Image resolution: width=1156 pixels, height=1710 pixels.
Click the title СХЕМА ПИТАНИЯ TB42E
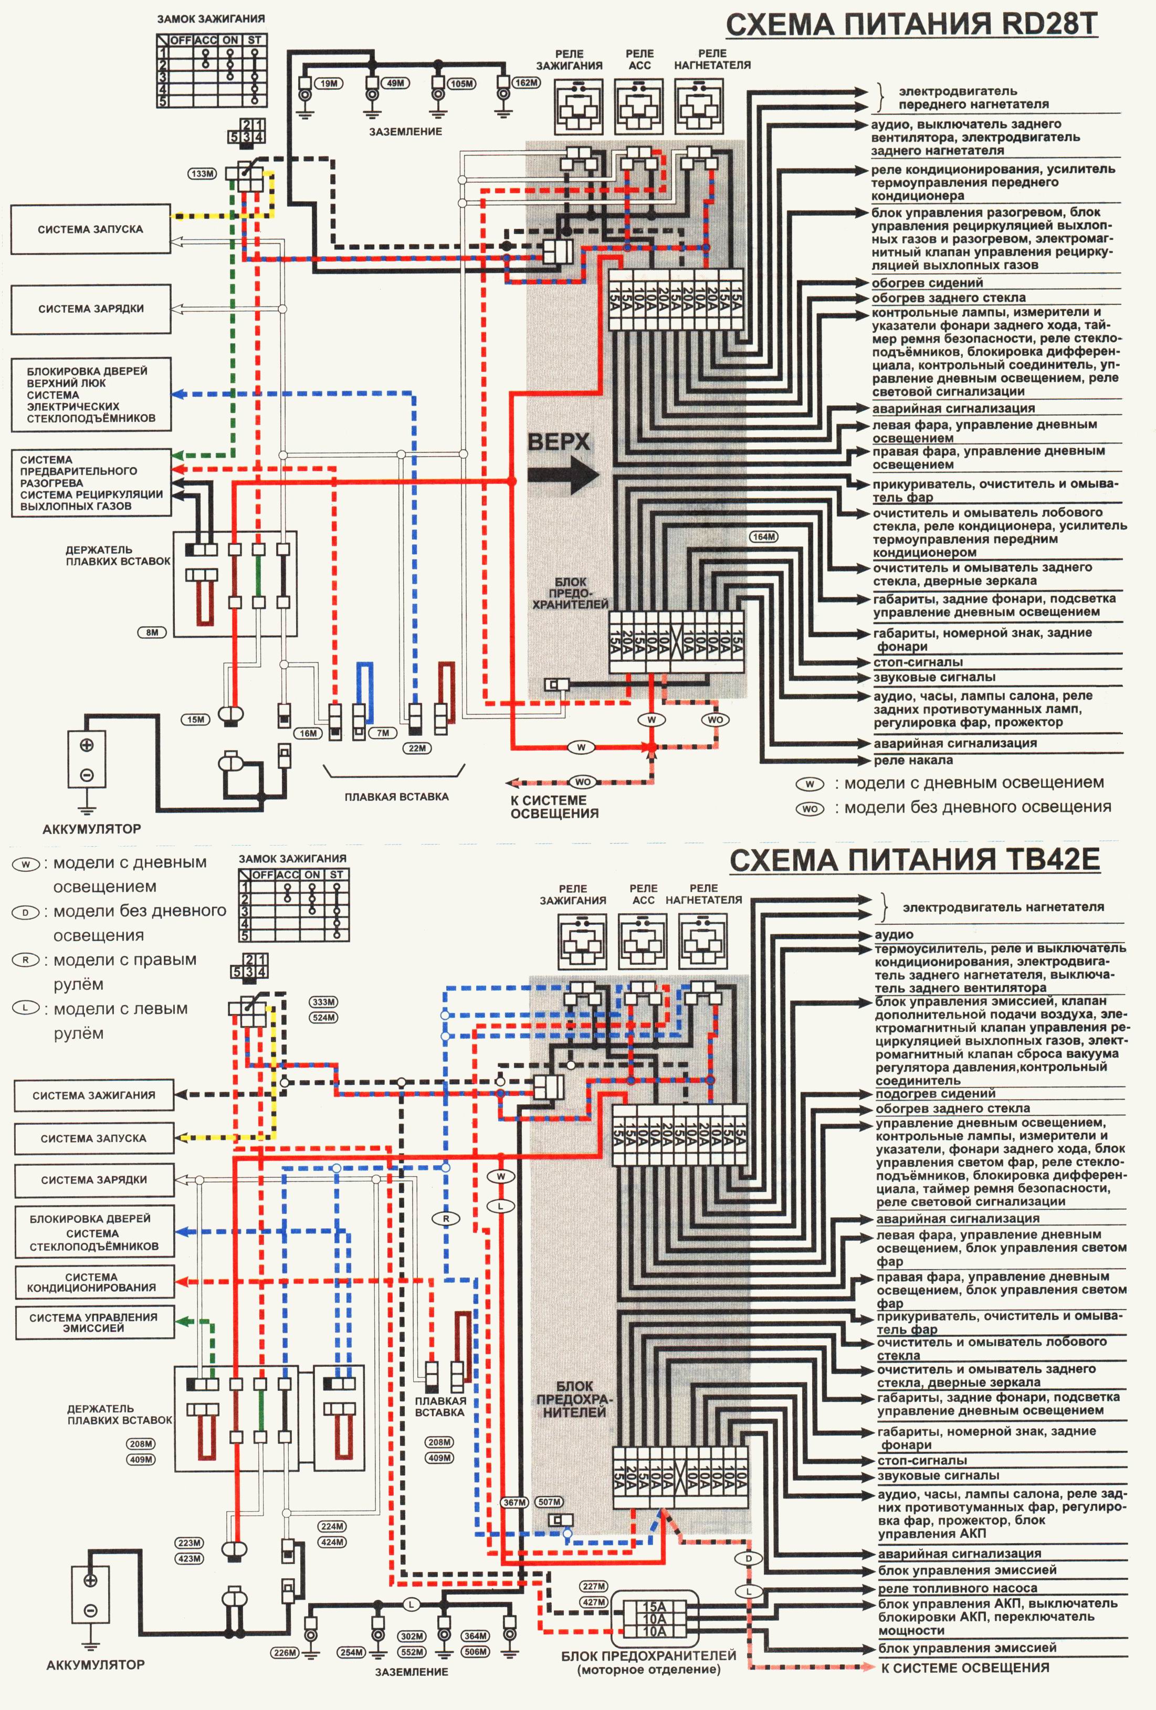click(x=915, y=860)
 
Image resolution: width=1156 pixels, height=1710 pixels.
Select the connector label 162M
click(x=526, y=82)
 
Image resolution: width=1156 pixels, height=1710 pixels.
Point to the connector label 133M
click(x=202, y=174)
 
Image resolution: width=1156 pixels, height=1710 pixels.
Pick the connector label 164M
click(x=764, y=536)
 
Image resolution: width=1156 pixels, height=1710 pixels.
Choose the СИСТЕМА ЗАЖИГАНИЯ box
click(x=94, y=1095)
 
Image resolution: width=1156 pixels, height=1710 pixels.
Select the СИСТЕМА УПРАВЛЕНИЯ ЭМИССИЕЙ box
click(x=93, y=1322)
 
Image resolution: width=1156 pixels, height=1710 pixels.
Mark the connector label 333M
click(x=324, y=1002)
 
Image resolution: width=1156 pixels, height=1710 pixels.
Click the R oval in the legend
click(x=26, y=959)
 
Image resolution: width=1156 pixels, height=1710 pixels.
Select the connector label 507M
click(x=550, y=1502)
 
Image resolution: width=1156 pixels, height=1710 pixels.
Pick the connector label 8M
click(x=152, y=632)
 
